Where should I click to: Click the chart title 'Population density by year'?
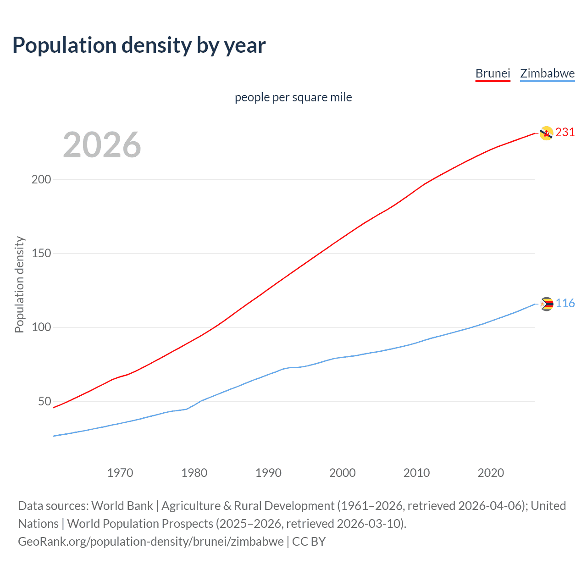(139, 45)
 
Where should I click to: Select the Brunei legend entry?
(493, 73)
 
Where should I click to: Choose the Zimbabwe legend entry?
(547, 73)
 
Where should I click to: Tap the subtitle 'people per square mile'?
(293, 97)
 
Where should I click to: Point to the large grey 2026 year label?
(102, 145)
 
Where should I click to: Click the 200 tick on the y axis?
(41, 179)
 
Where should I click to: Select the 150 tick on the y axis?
(41, 253)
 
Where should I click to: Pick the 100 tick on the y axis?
(41, 327)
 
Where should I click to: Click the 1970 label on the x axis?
(120, 473)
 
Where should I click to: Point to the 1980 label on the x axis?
(194, 473)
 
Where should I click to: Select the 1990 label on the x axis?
(268, 473)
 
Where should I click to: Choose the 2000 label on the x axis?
(343, 473)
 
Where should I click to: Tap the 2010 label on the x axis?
(416, 473)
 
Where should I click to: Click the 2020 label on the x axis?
(491, 473)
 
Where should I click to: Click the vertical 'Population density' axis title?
(19, 284)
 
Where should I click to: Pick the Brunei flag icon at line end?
(546, 133)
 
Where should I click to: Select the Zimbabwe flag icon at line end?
(547, 304)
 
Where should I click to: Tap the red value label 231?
(565, 133)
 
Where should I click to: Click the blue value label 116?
(565, 304)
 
